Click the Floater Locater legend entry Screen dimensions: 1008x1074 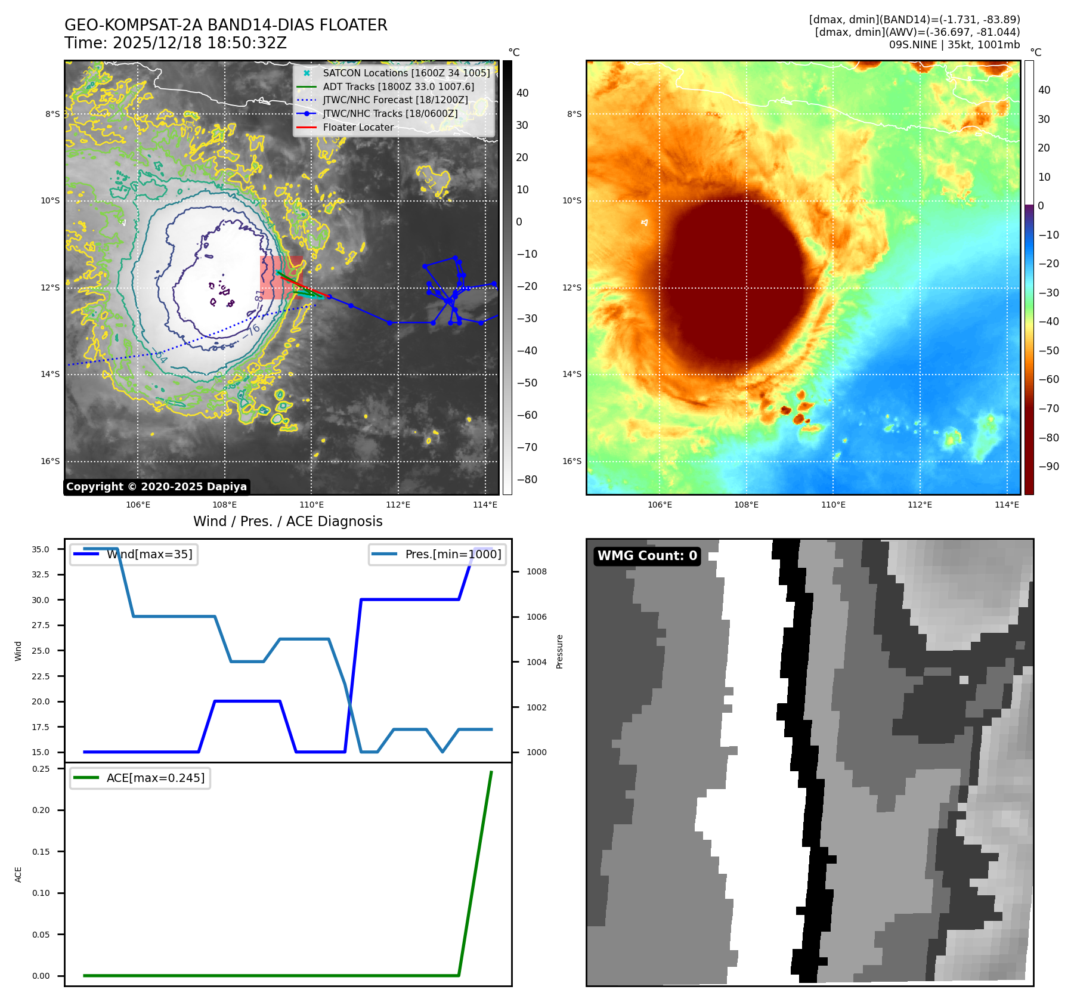[x=358, y=127]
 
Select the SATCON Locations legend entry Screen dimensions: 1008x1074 [x=406, y=73]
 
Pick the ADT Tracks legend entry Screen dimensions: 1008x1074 [x=398, y=86]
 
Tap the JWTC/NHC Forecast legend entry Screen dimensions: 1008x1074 [x=395, y=100]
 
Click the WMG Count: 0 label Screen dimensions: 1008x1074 [x=647, y=556]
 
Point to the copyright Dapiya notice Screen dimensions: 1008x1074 [x=156, y=487]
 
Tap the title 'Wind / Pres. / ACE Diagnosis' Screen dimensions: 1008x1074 [x=288, y=521]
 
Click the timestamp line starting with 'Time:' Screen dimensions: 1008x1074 [x=176, y=43]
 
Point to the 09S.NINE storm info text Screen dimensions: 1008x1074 [x=954, y=45]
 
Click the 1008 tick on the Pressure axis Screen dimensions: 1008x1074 [x=537, y=571]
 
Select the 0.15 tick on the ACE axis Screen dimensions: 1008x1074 [x=41, y=852]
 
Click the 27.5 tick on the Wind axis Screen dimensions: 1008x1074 [x=41, y=625]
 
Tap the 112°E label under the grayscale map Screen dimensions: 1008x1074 [x=398, y=505]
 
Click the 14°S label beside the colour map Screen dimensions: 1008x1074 [x=572, y=374]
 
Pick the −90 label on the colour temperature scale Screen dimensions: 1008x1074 [x=1048, y=466]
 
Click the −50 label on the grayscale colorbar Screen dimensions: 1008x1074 [x=527, y=383]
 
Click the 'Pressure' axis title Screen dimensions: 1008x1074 [x=559, y=651]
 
